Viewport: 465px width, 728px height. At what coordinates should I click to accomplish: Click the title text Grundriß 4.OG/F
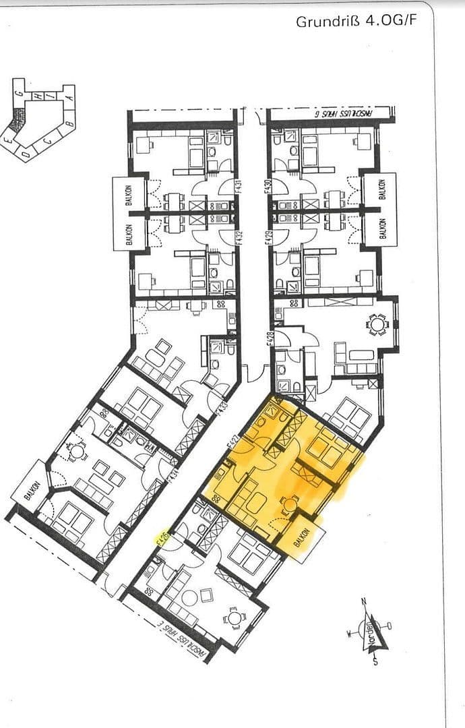click(356, 22)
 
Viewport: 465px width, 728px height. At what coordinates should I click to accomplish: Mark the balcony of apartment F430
click(381, 190)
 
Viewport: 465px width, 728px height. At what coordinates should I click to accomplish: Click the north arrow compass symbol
click(369, 630)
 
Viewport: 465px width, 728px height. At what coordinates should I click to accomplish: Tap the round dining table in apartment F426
click(233, 617)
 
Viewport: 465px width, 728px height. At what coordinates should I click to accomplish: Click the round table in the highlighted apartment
click(290, 504)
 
